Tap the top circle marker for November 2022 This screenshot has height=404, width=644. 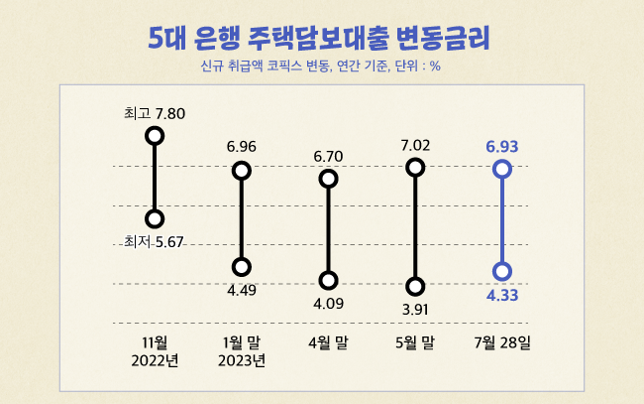pyautogui.click(x=154, y=135)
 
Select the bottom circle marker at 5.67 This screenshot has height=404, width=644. pyautogui.click(x=154, y=218)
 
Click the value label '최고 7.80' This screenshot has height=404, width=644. pyautogui.click(x=155, y=112)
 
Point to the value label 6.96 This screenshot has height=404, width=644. pyautogui.click(x=242, y=147)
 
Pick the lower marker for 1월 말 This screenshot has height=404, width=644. pyautogui.click(x=242, y=267)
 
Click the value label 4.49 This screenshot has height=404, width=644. pyautogui.click(x=242, y=290)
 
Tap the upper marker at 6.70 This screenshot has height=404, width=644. pyautogui.click(x=329, y=179)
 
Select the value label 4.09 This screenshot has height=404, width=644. pyautogui.click(x=329, y=304)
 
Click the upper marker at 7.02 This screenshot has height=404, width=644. pyautogui.click(x=416, y=168)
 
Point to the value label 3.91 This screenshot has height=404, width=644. pyautogui.click(x=416, y=310)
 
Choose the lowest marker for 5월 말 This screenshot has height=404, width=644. pyautogui.click(x=416, y=287)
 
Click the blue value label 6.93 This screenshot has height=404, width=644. pyautogui.click(x=502, y=147)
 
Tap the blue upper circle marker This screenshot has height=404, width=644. pyautogui.click(x=502, y=170)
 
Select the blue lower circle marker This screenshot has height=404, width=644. pyautogui.click(x=502, y=271)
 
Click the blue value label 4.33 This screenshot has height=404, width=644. pyautogui.click(x=502, y=295)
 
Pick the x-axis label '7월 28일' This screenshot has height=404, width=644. pyautogui.click(x=502, y=342)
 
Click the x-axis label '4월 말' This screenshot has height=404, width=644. pyautogui.click(x=329, y=342)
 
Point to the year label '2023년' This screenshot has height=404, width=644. pyautogui.click(x=242, y=360)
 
